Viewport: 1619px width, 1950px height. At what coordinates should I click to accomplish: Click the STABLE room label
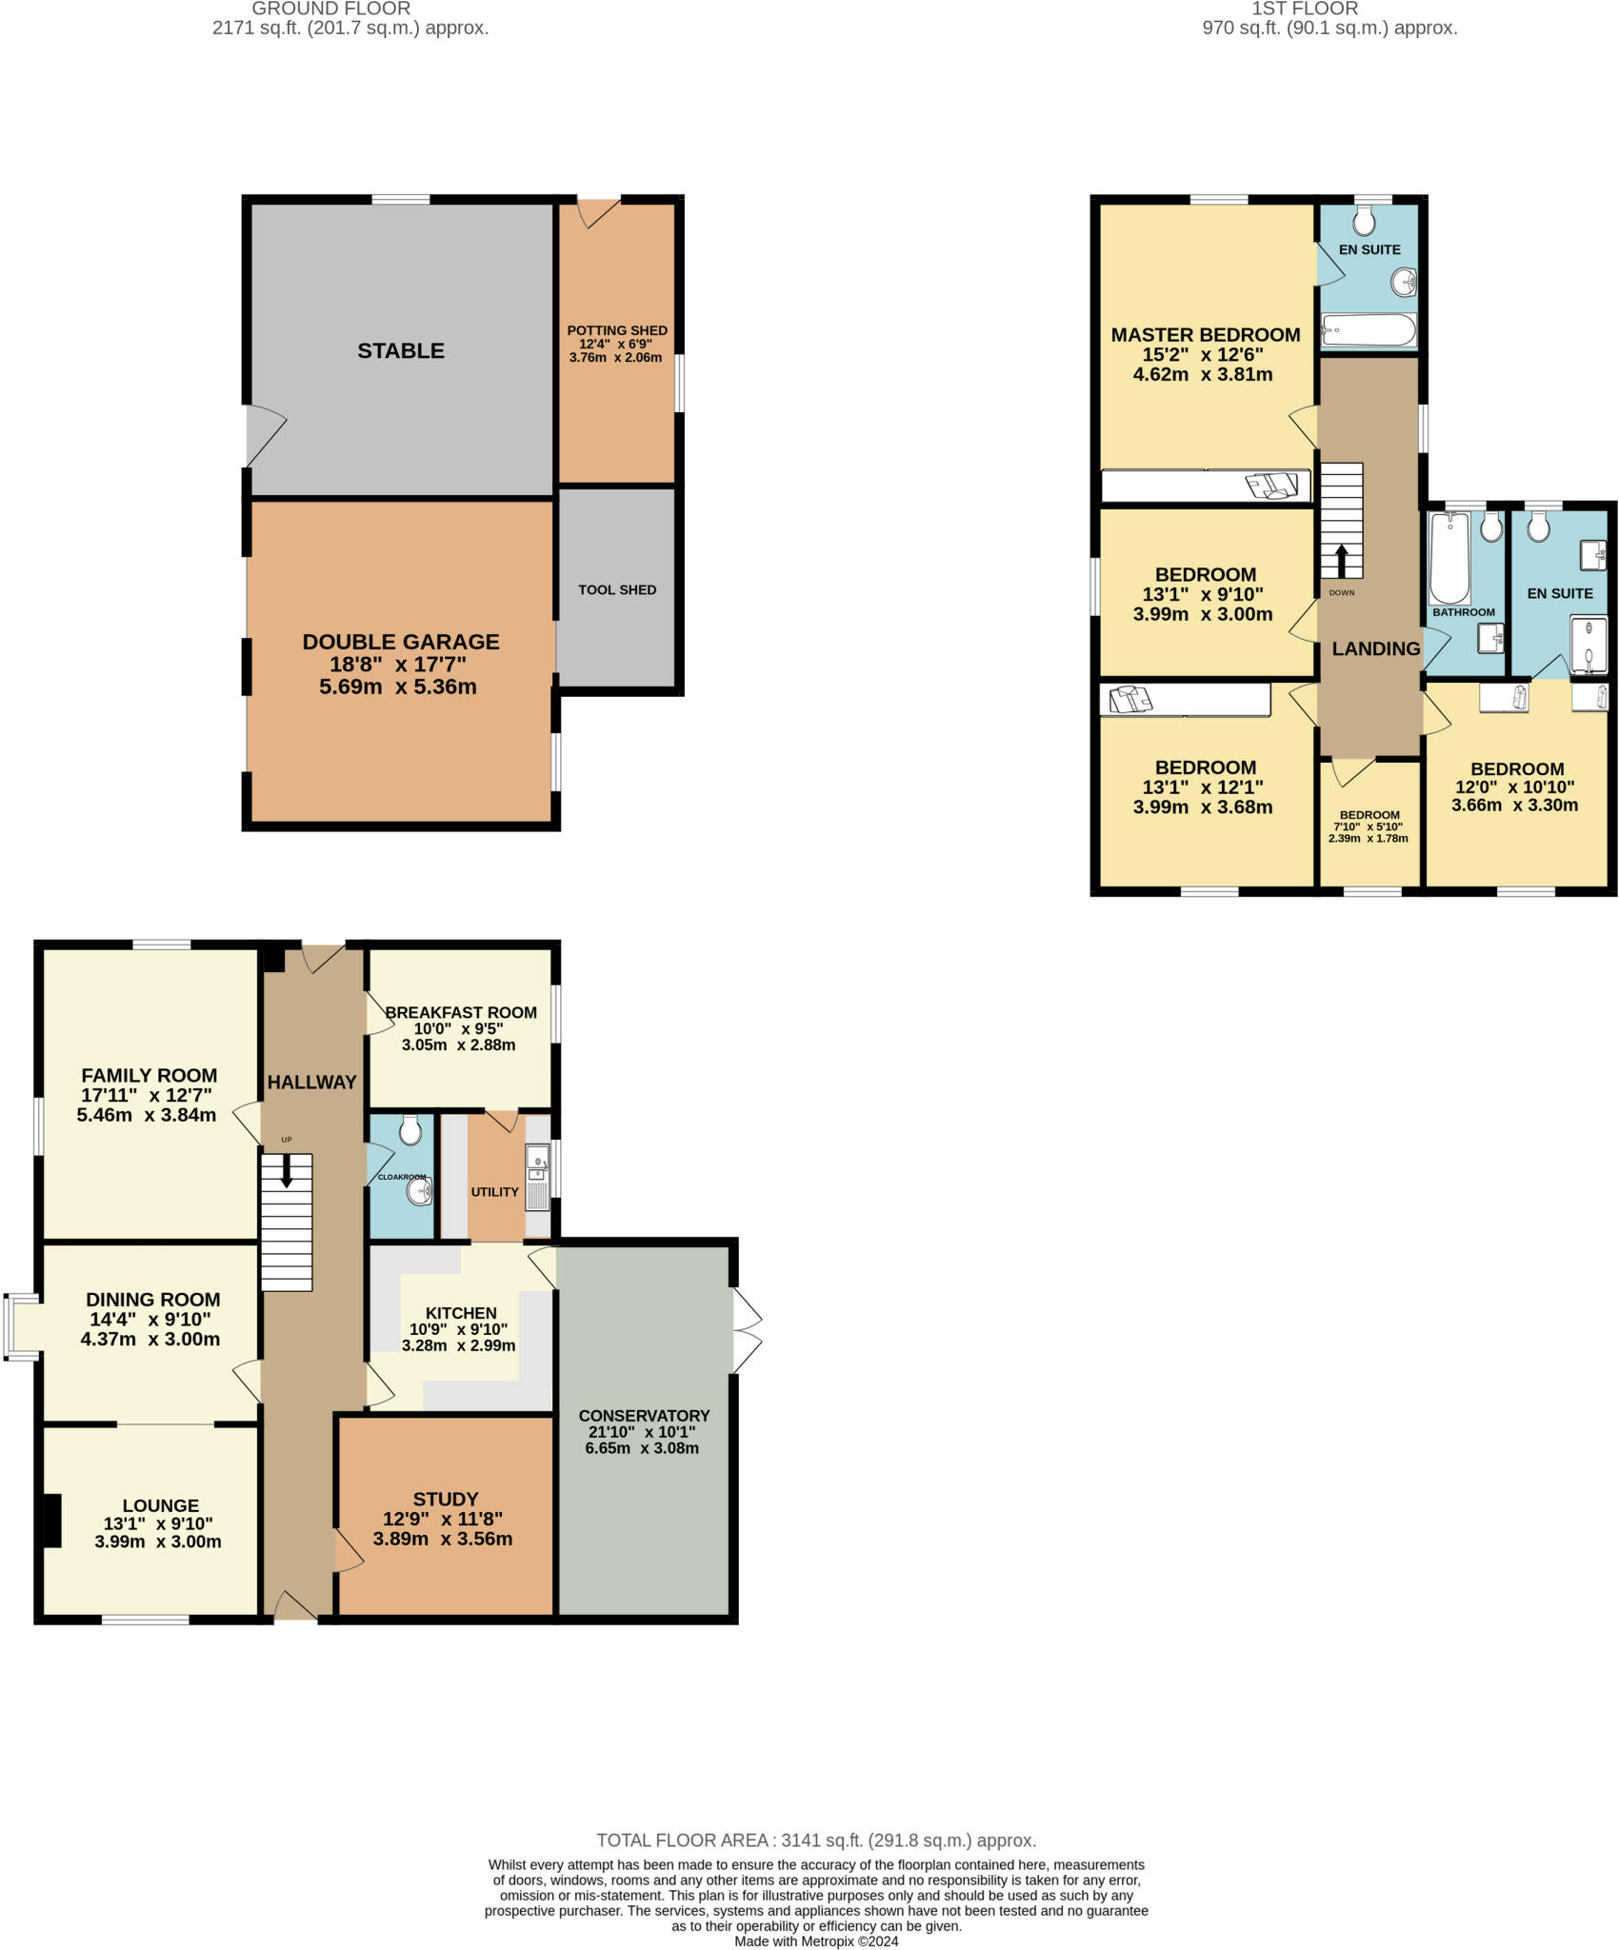click(400, 350)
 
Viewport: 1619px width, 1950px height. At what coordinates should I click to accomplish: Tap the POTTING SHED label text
click(617, 330)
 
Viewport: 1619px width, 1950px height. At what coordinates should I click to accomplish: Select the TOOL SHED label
click(617, 589)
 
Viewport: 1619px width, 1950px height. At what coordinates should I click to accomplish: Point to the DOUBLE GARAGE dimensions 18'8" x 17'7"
click(400, 664)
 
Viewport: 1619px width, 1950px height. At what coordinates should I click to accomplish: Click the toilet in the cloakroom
click(410, 1130)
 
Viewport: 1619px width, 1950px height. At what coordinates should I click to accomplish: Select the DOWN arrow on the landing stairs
click(1342, 561)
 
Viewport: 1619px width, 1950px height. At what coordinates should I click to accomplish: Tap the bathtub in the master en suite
click(1369, 331)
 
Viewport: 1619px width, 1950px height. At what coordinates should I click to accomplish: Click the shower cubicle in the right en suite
click(1588, 645)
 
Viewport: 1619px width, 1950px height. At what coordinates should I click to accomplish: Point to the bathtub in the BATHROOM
click(1449, 557)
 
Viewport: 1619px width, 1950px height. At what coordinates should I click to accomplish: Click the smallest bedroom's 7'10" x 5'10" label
click(1369, 826)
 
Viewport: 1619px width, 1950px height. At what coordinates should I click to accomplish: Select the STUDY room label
click(445, 1498)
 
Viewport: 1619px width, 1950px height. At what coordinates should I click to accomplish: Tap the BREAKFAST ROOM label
click(461, 1012)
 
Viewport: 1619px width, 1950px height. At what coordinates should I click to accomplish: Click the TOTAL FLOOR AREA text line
click(815, 1841)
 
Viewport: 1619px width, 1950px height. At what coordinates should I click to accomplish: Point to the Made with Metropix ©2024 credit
click(815, 1941)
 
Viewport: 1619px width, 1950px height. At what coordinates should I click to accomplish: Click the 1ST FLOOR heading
click(1304, 9)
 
